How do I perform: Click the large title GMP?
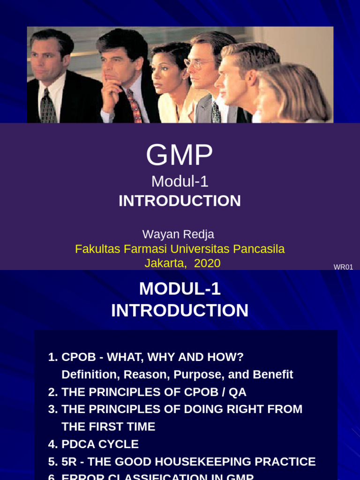[x=180, y=155]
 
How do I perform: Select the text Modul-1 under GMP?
[x=180, y=181]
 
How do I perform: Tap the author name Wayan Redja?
[x=178, y=234]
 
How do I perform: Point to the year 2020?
[x=207, y=263]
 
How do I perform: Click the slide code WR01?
[x=343, y=267]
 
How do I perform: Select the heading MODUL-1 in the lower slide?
[x=180, y=289]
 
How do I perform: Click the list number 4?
[x=52, y=444]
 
